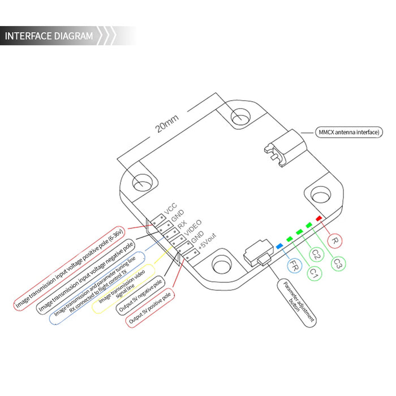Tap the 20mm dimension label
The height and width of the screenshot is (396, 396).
point(167,125)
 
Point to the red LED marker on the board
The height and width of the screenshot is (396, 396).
point(319,218)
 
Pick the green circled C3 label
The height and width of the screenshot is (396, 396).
point(339,263)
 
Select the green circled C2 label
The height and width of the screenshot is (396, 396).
point(316,256)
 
